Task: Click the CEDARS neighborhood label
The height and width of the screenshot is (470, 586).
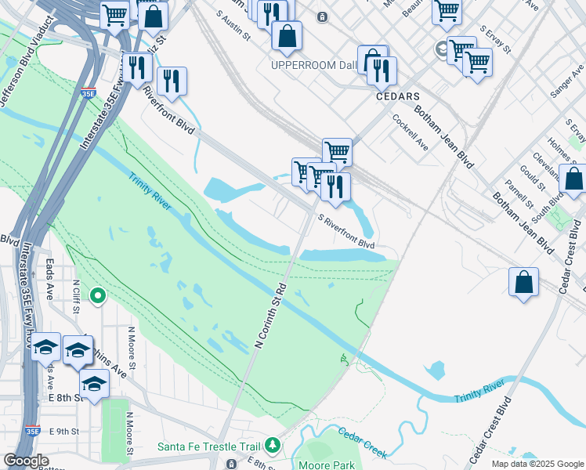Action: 398,96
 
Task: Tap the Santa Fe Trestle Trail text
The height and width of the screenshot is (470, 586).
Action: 208,446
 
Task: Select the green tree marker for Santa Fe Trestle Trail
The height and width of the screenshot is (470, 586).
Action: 273,446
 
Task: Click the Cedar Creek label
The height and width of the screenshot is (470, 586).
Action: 363,441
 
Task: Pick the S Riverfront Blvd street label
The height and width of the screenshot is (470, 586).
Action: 346,231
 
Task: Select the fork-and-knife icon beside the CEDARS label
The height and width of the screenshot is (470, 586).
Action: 382,70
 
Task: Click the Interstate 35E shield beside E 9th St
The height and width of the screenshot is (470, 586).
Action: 32,430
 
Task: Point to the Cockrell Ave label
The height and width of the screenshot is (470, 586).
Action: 411,133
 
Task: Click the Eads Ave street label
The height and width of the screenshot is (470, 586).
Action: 49,280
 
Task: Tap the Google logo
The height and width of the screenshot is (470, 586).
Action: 26,461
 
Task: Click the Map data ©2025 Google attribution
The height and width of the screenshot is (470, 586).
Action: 537,464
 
